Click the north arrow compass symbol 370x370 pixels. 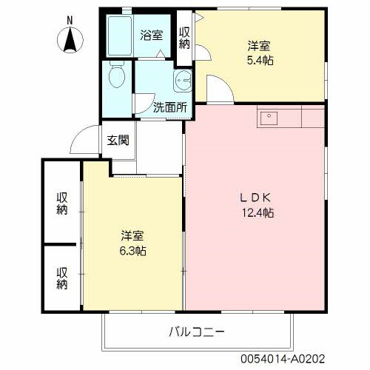(69, 38)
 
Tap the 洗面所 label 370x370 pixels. (169, 106)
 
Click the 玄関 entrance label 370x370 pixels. (118, 139)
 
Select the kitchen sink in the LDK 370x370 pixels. (267, 116)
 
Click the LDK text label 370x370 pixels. (256, 198)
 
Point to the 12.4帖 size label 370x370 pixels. (256, 213)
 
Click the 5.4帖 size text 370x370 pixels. (260, 60)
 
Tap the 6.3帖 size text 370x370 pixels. (133, 252)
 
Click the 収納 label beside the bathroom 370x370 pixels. (184, 37)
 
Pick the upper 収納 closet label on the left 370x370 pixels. (61, 203)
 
